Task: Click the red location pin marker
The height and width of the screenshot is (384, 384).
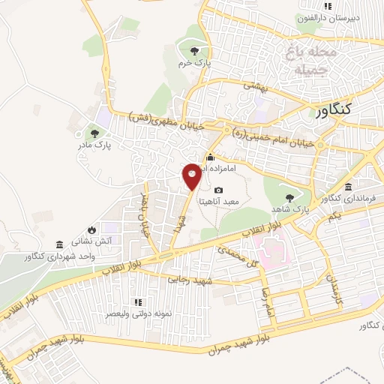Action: pyautogui.click(x=191, y=175)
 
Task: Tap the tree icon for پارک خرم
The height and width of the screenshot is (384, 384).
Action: pyautogui.click(x=195, y=51)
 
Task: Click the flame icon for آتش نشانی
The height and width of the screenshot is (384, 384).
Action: pyautogui.click(x=91, y=229)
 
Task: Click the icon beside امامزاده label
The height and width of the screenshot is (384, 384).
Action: pyautogui.click(x=210, y=157)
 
